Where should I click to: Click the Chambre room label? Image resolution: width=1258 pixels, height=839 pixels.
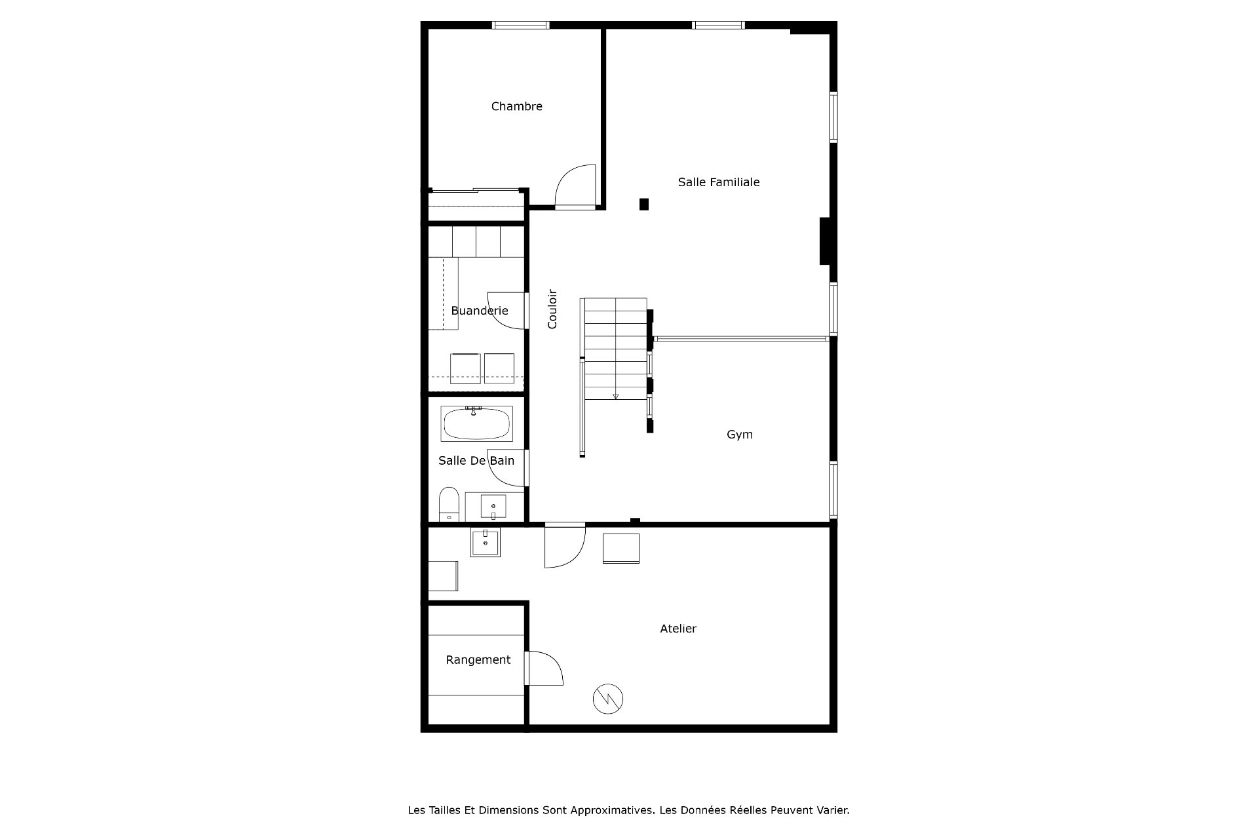coord(516,106)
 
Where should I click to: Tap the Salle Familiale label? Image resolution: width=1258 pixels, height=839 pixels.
coord(719,182)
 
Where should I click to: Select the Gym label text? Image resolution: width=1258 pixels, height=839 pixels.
coord(740,435)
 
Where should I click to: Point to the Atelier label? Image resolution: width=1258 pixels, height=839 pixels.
coord(678,629)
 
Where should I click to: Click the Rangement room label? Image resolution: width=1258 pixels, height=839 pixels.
coord(478,660)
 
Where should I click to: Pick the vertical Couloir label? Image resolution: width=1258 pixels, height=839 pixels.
coord(552,309)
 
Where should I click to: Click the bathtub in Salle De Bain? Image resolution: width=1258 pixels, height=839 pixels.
coord(477,424)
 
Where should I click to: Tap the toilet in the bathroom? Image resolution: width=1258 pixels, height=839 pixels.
coord(449,503)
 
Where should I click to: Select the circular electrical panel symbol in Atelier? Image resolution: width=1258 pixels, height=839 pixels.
coord(608,699)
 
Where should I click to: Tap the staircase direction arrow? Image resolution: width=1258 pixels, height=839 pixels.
coord(615,396)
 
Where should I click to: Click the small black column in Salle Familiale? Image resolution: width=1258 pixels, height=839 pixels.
coord(644,205)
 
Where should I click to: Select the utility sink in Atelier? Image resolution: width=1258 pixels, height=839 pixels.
coord(486,542)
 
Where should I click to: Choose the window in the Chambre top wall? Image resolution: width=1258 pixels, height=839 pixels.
coord(520,25)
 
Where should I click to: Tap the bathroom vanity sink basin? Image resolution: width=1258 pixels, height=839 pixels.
coord(493,507)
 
